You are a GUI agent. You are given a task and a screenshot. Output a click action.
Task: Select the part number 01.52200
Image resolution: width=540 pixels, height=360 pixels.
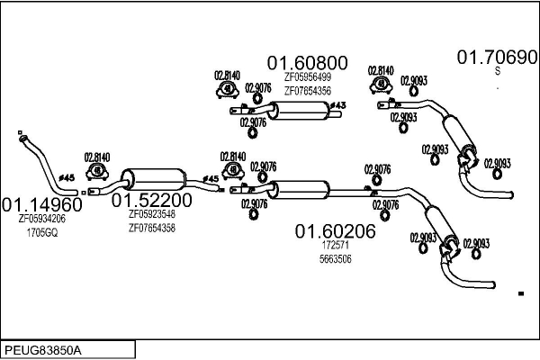point(151,200)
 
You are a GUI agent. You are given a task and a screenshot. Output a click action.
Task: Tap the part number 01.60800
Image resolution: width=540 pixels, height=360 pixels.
point(307,62)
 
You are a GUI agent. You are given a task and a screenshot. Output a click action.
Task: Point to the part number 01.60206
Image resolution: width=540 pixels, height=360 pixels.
point(335,231)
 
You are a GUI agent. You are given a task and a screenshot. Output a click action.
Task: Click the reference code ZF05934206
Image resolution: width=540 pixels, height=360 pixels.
point(42,219)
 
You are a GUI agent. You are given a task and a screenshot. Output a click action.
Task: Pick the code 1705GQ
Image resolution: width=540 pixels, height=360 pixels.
point(41,232)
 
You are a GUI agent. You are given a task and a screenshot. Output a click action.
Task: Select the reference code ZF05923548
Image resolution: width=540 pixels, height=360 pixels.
point(151,214)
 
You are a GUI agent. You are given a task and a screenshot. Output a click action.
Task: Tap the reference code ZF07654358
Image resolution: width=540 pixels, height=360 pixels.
point(151,228)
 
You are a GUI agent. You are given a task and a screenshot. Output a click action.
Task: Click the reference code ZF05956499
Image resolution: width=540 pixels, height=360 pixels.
point(307,77)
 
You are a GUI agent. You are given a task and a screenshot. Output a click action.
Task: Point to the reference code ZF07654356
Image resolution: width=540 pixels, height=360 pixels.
point(307,91)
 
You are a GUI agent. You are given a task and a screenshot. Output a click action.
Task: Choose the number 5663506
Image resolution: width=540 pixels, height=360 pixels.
point(335,259)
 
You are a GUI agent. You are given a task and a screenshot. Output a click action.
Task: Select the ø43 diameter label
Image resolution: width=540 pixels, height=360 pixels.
point(337,107)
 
